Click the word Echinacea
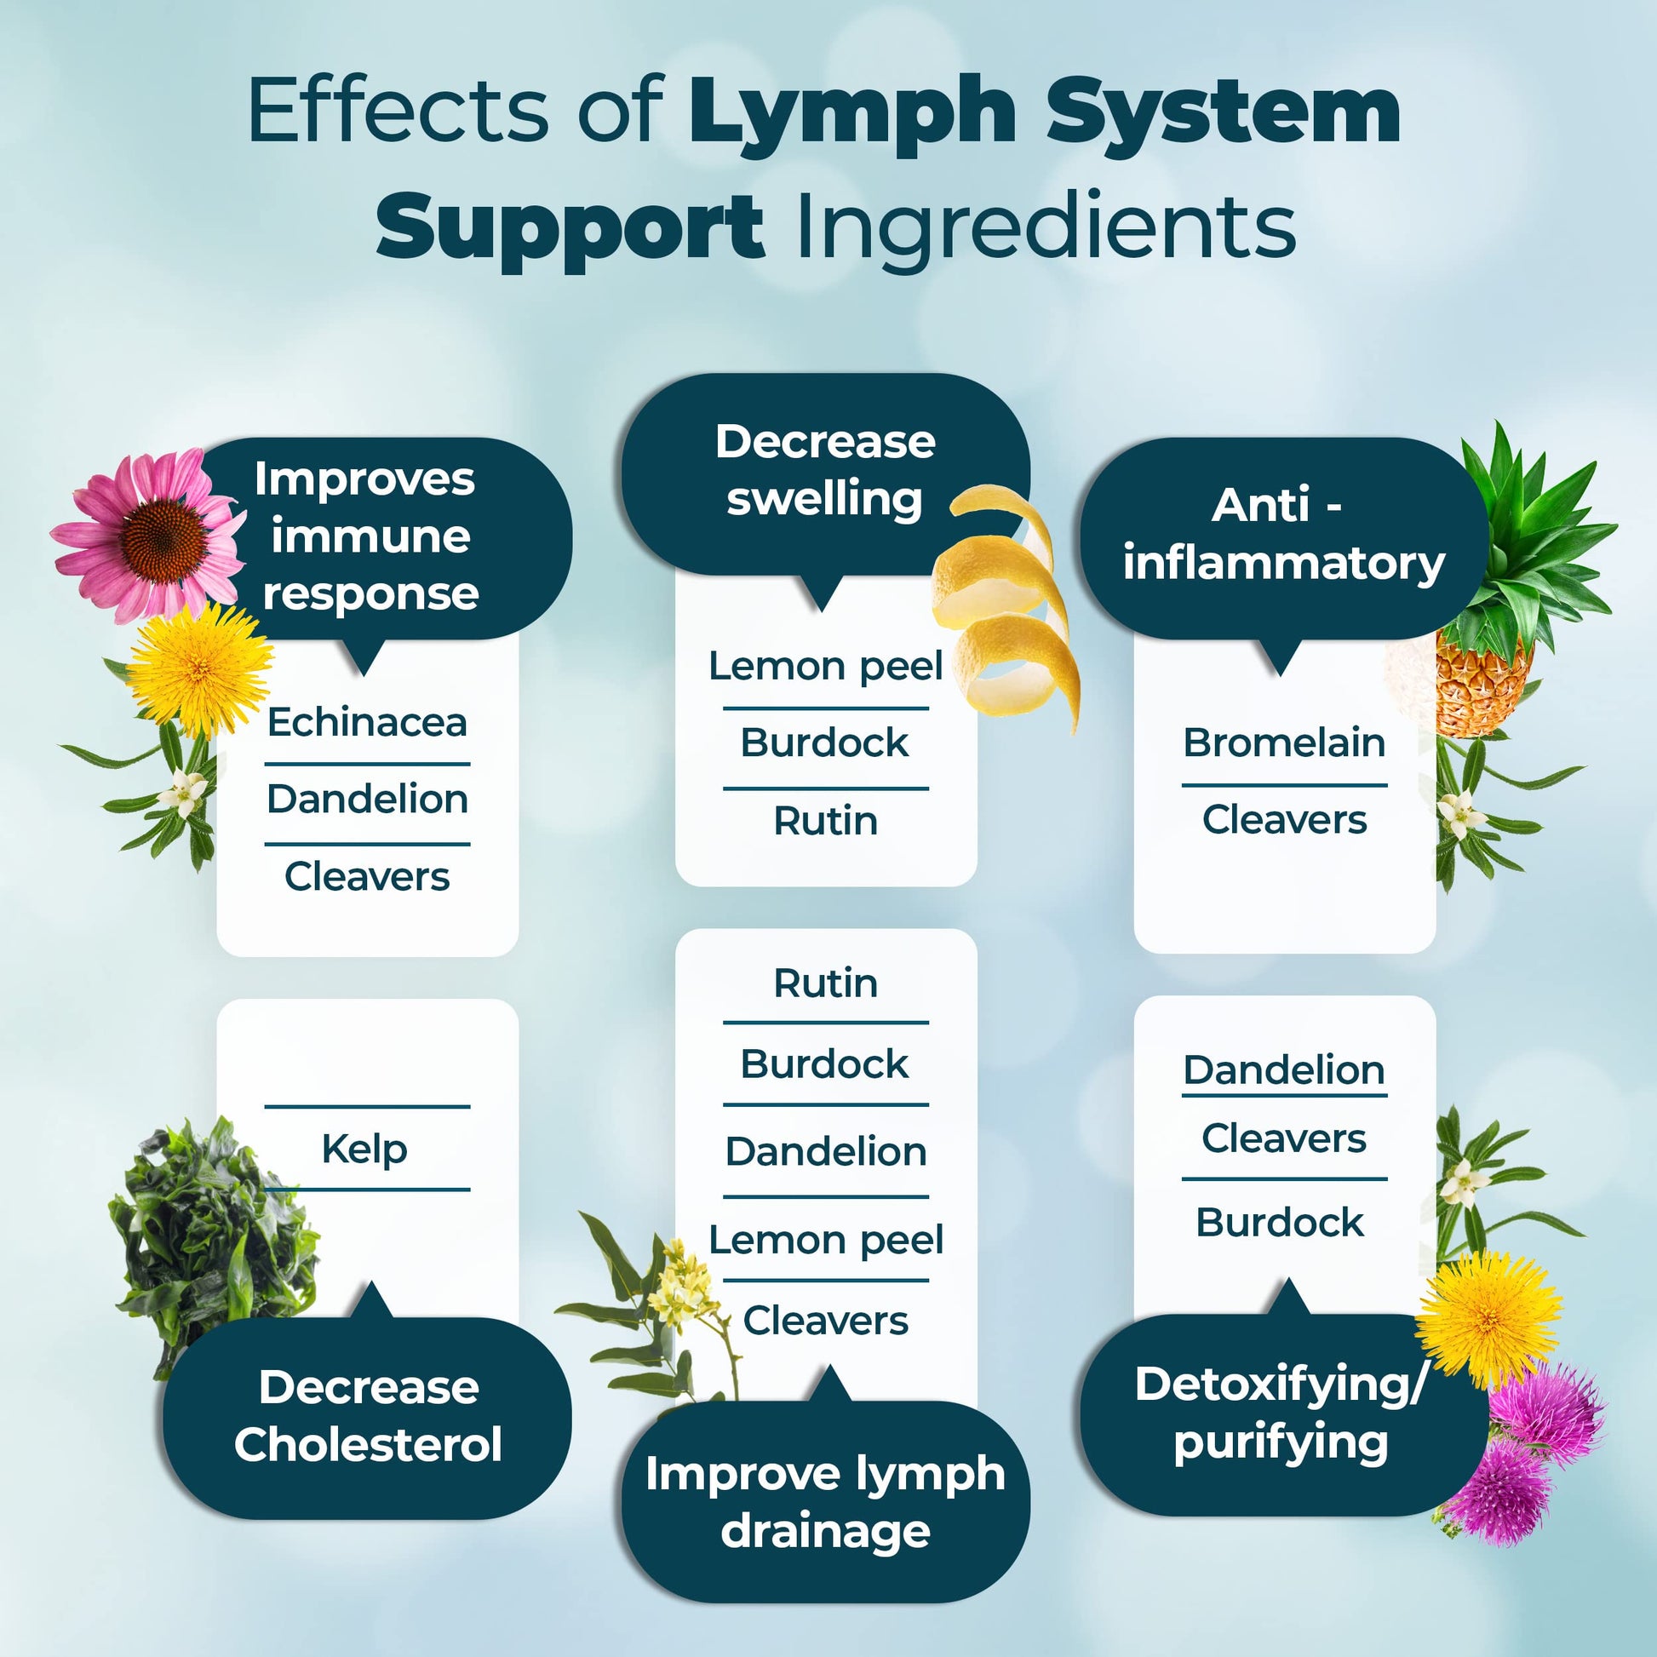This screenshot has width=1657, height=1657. pyautogui.click(x=367, y=722)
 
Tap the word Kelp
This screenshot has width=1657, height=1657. pyautogui.click(x=364, y=1149)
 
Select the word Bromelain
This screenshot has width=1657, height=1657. pyautogui.click(x=1284, y=742)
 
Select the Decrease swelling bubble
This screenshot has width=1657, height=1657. pyautogui.click(x=825, y=472)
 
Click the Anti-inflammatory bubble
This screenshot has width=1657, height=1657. pyautogui.click(x=1284, y=536)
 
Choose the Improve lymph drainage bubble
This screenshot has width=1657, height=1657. pyautogui.click(x=825, y=1501)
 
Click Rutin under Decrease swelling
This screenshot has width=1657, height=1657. pyautogui.click(x=826, y=821)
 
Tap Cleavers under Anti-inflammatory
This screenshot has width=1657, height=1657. pyautogui.click(x=1284, y=820)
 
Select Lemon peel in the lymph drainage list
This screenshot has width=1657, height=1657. pyautogui.click(x=826, y=1239)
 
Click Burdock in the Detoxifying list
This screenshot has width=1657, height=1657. pyautogui.click(x=1280, y=1222)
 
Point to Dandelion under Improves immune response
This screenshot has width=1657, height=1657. pyautogui.click(x=367, y=800)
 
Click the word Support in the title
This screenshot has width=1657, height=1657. pyautogui.click(x=570, y=227)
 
